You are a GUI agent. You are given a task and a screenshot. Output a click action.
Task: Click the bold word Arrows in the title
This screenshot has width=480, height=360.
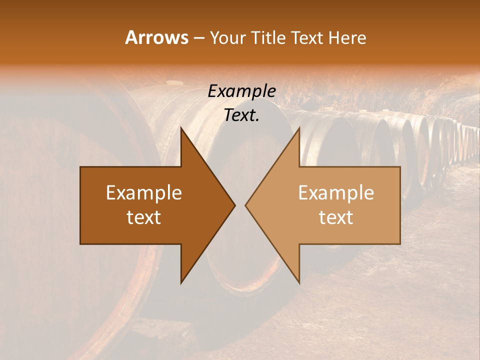click(x=157, y=37)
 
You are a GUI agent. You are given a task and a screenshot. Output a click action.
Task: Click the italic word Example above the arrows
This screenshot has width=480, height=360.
click(x=241, y=91)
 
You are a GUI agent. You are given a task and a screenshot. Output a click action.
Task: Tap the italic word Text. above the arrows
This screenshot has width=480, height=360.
click(x=241, y=115)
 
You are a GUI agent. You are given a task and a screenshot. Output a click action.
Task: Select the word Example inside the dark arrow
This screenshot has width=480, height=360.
click(x=144, y=193)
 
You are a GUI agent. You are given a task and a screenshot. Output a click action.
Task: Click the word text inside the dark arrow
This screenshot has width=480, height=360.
click(x=144, y=217)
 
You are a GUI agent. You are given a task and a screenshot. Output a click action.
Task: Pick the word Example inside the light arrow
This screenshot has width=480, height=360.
click(x=336, y=193)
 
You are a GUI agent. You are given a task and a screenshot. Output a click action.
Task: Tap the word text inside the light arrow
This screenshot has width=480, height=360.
click(x=336, y=217)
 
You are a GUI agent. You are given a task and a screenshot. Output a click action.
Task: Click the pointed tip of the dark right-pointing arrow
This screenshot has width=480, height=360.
click(x=235, y=205)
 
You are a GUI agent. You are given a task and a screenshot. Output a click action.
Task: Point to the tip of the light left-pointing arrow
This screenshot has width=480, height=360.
click(x=245, y=205)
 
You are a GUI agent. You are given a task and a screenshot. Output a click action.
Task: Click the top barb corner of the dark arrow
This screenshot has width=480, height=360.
click(x=181, y=127)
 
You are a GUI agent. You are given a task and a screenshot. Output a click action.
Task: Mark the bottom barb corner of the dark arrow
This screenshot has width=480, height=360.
click(x=181, y=283)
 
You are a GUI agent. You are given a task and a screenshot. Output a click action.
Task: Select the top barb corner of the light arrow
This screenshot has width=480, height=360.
click(x=299, y=127)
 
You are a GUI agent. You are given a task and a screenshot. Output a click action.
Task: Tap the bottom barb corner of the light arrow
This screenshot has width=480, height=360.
click(x=299, y=283)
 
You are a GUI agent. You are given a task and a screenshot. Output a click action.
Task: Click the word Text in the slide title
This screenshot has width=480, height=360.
click(x=307, y=38)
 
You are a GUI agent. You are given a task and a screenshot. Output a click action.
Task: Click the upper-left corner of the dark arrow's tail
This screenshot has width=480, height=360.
click(x=80, y=167)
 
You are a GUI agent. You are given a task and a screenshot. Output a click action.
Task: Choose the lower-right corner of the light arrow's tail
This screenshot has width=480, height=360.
click(x=400, y=244)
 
